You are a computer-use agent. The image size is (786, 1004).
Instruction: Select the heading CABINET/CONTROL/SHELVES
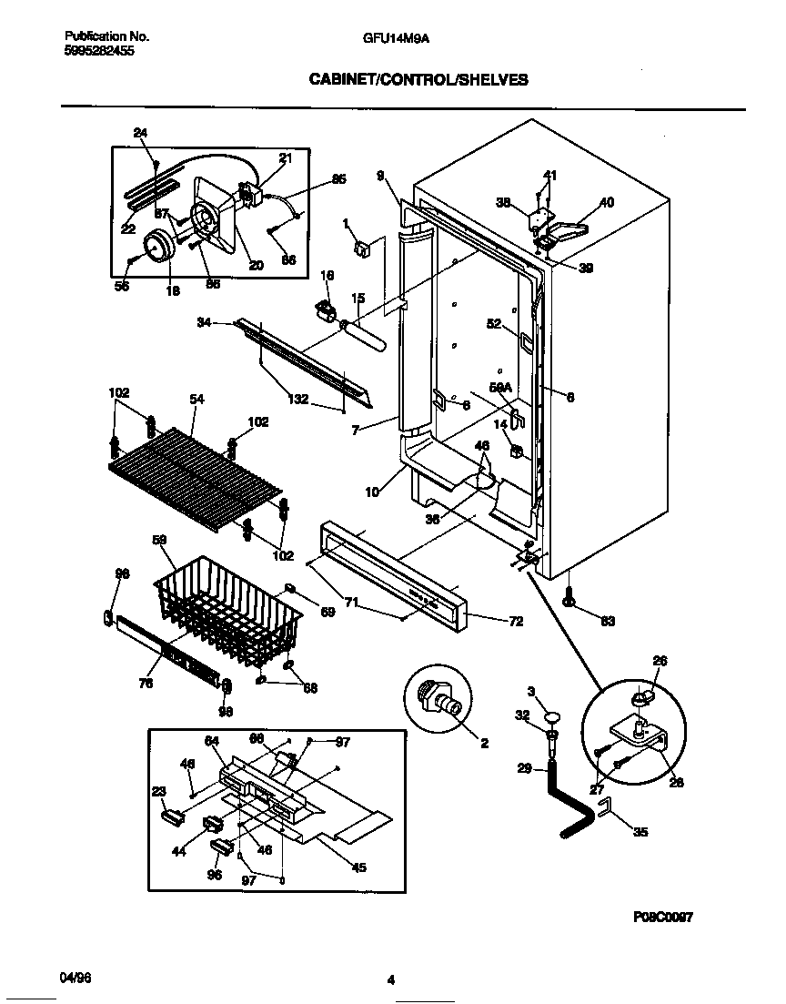pos(418,80)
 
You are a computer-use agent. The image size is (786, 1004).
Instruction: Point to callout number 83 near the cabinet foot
pos(608,622)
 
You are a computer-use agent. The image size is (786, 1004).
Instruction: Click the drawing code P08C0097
pos(663,918)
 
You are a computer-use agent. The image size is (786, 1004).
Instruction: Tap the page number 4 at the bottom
pos(391,980)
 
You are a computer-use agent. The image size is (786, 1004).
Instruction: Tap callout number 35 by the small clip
pos(640,831)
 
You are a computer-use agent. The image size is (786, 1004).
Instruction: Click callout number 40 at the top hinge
pos(606,202)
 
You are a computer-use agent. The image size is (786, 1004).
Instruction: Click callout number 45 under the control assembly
pos(358,867)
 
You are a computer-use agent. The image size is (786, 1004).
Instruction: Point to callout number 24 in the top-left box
pos(140,133)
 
